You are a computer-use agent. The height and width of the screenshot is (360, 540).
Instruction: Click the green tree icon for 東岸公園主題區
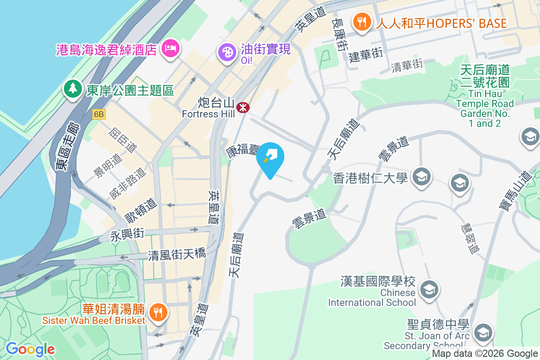point(72,89)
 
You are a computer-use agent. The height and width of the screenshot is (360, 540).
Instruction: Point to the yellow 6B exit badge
point(99,115)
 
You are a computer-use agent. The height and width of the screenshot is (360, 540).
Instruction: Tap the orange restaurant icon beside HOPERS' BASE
point(362,22)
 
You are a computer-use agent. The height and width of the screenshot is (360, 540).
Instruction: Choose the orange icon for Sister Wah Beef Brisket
point(157,311)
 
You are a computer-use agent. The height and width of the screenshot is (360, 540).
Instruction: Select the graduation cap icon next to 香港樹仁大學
point(422,177)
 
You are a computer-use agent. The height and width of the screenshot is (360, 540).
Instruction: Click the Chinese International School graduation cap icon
point(429,289)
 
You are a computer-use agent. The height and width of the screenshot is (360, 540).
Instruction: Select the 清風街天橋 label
point(177,255)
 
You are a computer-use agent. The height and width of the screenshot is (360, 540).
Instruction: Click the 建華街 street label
point(365,54)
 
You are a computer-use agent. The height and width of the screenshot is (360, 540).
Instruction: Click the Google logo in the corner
point(30,349)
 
